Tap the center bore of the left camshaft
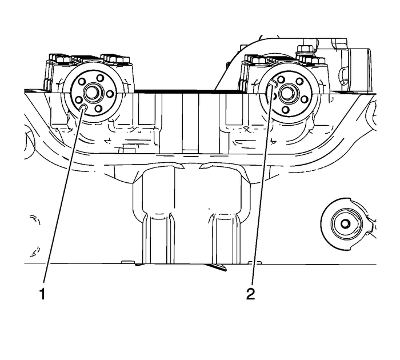(x=91, y=93)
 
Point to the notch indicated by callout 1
(x=83, y=106)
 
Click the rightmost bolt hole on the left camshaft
(x=109, y=93)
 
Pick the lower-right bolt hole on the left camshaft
(x=99, y=108)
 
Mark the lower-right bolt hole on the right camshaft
(x=304, y=99)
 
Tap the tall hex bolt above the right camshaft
(x=303, y=50)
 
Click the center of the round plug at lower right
(x=345, y=222)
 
